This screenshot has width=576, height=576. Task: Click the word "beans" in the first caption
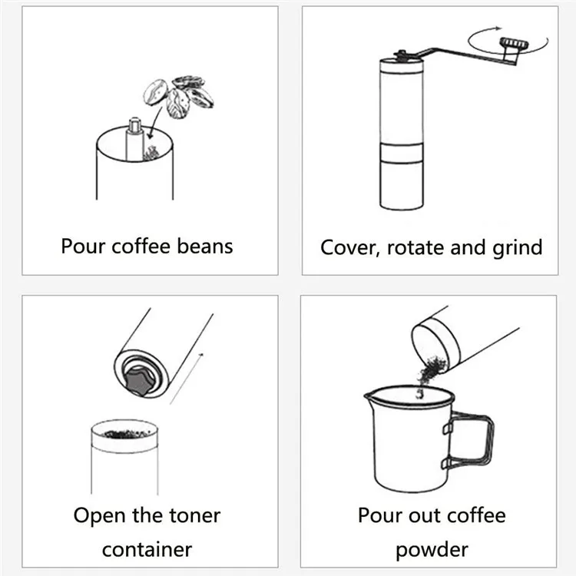pyautogui.click(x=205, y=246)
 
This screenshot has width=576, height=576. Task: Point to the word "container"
pyautogui.click(x=147, y=550)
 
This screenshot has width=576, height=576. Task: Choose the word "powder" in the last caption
pyautogui.click(x=432, y=551)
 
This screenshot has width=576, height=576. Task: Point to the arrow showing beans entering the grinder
pyautogui.click(x=155, y=123)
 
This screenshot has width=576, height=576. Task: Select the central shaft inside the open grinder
pyautogui.click(x=134, y=139)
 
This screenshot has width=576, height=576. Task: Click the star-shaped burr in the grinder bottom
pyautogui.click(x=140, y=381)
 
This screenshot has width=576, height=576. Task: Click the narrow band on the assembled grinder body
pyautogui.click(x=402, y=153)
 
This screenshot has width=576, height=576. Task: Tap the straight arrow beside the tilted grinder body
pyautogui.click(x=187, y=379)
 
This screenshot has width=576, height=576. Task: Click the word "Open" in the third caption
pyautogui.click(x=98, y=516)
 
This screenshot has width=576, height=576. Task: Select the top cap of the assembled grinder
pyautogui.click(x=402, y=65)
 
